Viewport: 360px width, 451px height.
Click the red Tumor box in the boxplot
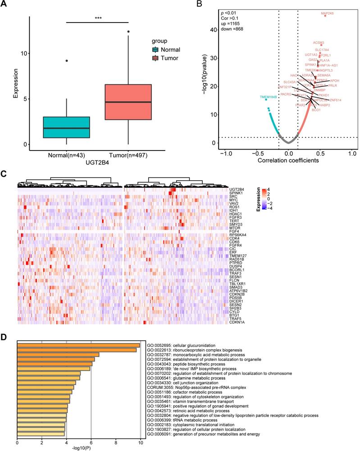pos(129,102)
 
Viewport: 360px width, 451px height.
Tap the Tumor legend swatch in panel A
pos(155,58)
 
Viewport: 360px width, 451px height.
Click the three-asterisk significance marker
pos(98,18)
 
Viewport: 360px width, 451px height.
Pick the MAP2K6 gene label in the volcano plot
pos(327,14)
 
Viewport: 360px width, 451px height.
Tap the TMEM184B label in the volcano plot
pos(268,97)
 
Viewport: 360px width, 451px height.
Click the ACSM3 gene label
pos(319,42)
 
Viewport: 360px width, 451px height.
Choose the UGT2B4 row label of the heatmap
pos(236,189)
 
